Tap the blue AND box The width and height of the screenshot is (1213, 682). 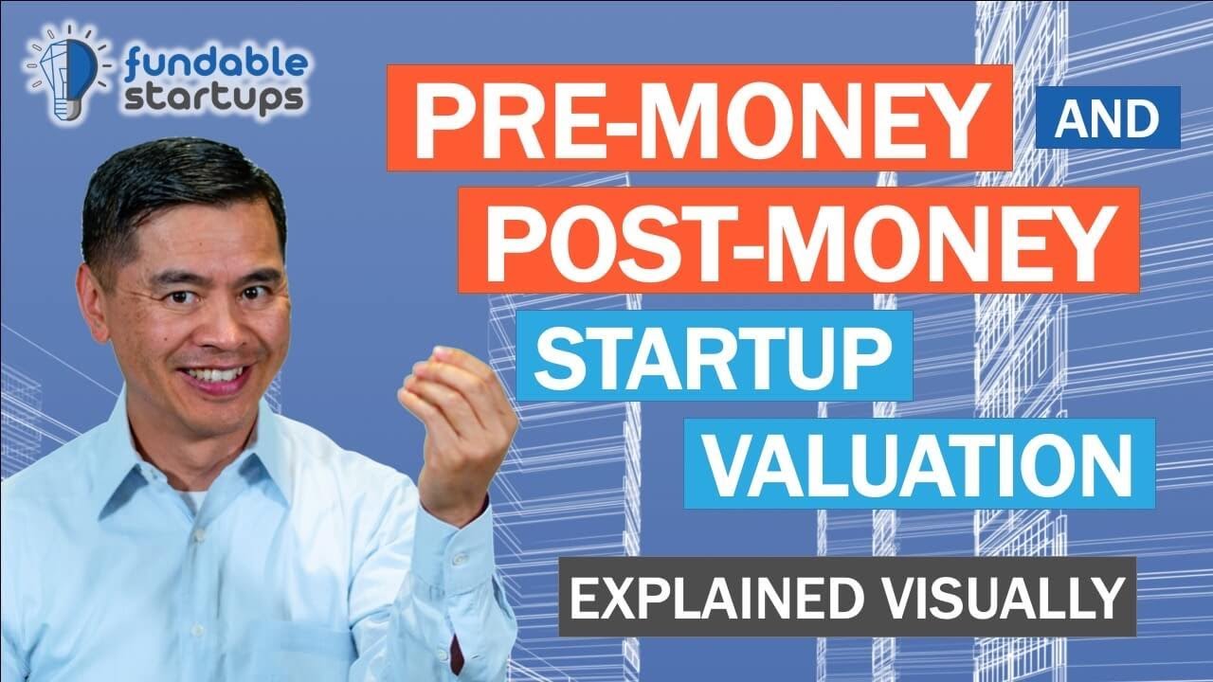tap(1107, 117)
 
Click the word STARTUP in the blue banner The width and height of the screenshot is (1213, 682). tap(713, 356)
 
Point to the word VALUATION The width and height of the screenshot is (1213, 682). tap(919, 463)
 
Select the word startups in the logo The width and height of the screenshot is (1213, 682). tap(214, 98)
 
